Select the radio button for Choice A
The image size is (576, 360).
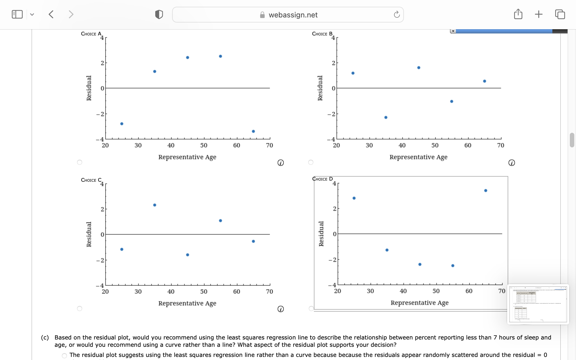[x=80, y=162]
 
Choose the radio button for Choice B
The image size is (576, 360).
[x=311, y=162]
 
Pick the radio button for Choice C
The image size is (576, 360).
[x=80, y=309]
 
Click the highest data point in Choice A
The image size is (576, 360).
[x=220, y=56]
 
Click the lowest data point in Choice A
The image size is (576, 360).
[x=253, y=131]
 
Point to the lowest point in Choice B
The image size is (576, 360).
[x=386, y=117]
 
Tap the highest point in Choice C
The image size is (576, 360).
[x=155, y=205]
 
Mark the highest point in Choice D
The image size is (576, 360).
[x=486, y=191]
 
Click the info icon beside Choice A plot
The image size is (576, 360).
[x=280, y=163]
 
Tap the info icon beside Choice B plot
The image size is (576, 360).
[x=512, y=163]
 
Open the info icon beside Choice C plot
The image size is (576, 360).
[x=280, y=309]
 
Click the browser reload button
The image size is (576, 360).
[x=397, y=15]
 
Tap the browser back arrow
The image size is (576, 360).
[x=51, y=14]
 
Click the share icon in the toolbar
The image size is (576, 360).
[x=518, y=14]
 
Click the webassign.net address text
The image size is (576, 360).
[x=293, y=15]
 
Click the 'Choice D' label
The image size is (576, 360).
[x=322, y=179]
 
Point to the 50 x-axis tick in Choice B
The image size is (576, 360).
[x=435, y=145]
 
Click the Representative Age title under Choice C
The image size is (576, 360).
[x=187, y=303]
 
